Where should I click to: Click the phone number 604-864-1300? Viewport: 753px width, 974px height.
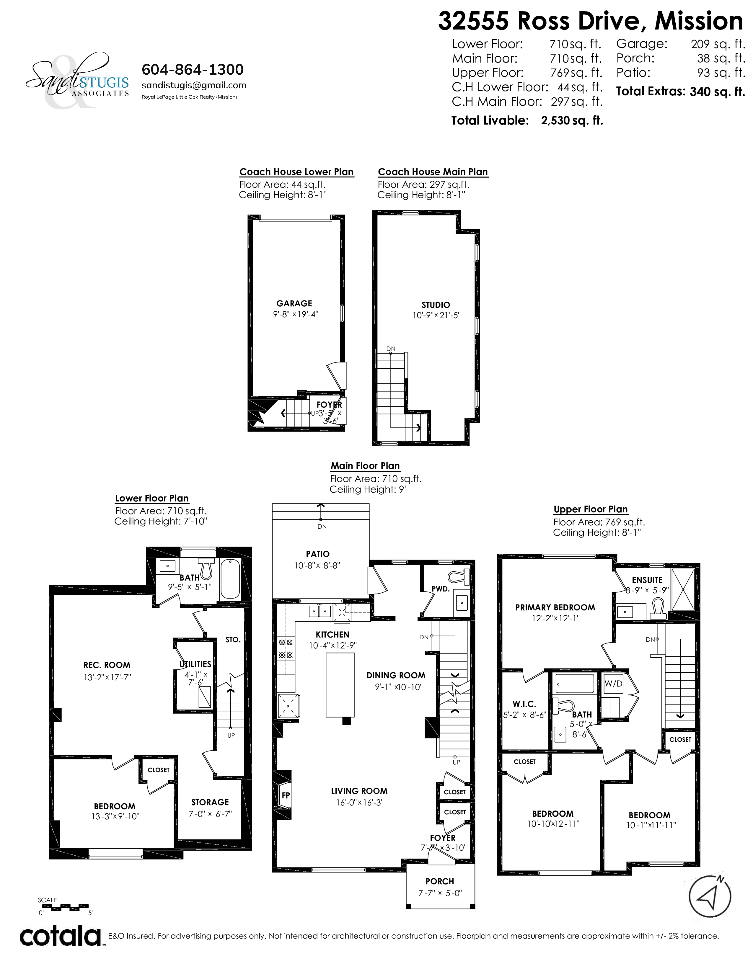coord(193,70)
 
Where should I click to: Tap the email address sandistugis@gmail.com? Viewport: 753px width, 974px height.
coord(194,85)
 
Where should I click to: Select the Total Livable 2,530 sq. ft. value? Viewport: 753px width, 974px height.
coord(572,120)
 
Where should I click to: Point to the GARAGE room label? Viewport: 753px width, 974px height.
coord(294,303)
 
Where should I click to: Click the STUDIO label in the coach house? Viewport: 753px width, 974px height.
coord(436,305)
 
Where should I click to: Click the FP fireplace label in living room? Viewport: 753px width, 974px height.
coord(286,795)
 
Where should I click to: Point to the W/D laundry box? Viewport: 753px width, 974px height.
coord(613,683)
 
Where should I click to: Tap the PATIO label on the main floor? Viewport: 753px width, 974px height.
coord(318,554)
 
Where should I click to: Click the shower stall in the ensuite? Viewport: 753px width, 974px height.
coord(683,589)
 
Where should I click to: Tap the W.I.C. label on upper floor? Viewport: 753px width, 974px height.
coord(524,704)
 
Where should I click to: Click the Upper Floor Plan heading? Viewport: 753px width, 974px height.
coord(591,509)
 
